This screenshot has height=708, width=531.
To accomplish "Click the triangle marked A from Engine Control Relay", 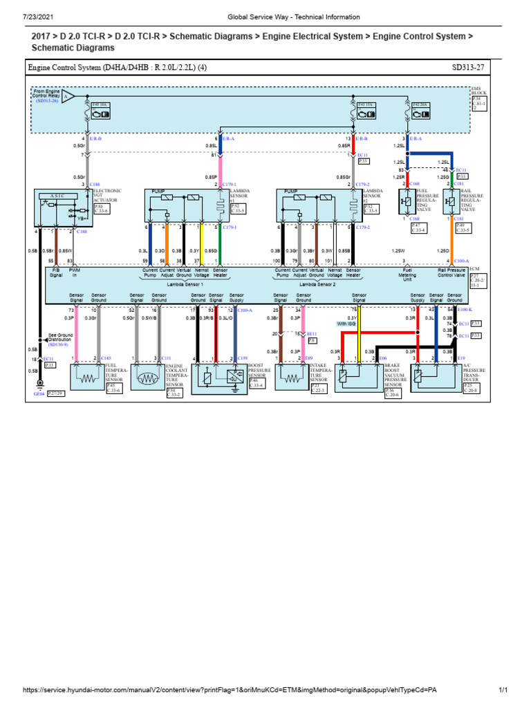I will click(68, 97).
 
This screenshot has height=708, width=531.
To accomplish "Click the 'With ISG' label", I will click(346, 323).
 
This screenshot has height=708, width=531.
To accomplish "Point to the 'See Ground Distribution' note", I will click(60, 338).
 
